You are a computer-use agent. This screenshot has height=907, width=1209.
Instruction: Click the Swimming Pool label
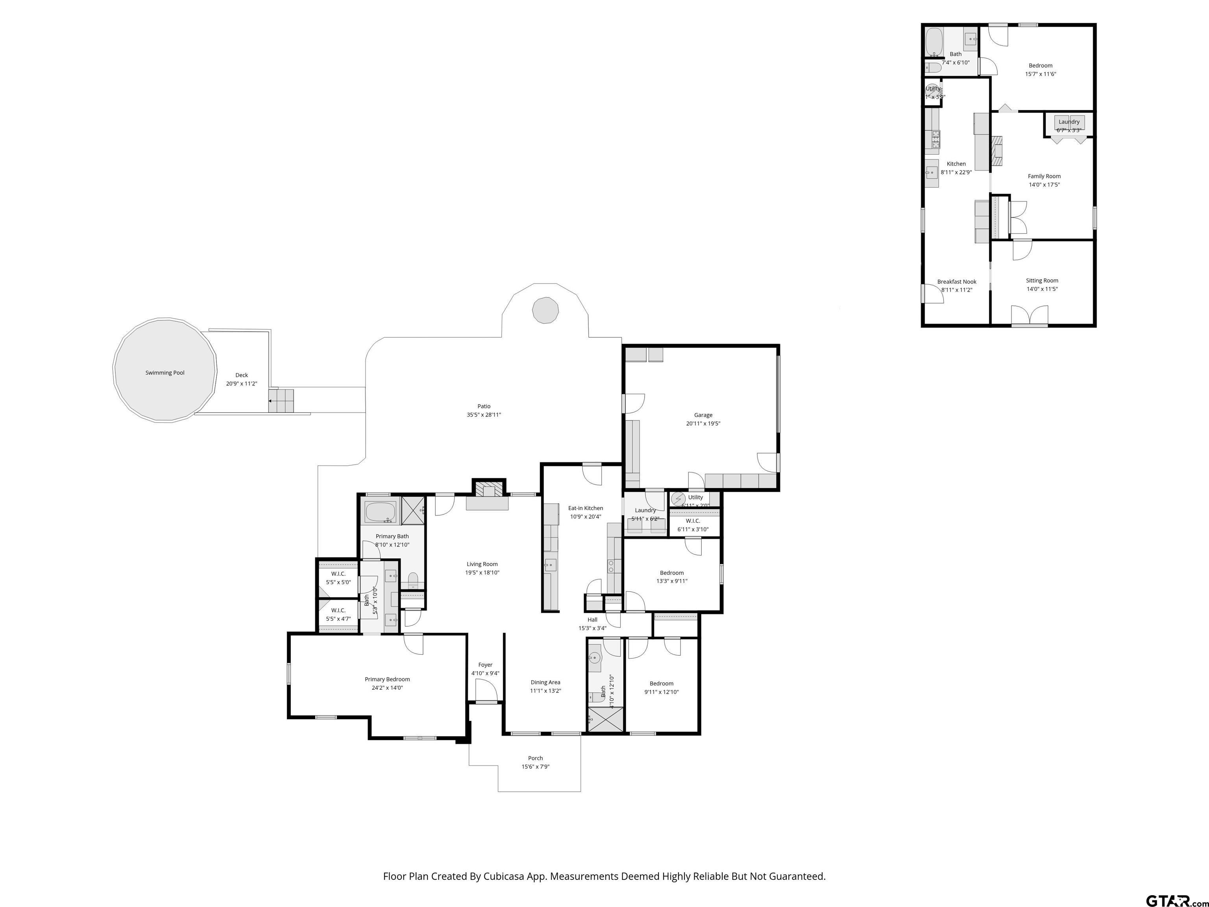[165, 373]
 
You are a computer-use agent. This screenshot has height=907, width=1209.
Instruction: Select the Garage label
[703, 415]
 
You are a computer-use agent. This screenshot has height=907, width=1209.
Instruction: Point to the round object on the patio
[545, 310]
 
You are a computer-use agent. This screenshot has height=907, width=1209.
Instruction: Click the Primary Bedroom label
[387, 679]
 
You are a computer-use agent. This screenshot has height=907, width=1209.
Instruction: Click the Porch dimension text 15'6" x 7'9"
[535, 766]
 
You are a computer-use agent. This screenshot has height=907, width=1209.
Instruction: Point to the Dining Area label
[545, 682]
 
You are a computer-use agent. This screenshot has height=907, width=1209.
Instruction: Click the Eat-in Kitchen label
[585, 508]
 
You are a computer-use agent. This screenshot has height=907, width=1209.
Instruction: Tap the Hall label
[592, 619]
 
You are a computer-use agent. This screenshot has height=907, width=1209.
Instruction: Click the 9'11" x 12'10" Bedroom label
[661, 683]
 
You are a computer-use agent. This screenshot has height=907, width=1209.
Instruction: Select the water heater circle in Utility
[678, 499]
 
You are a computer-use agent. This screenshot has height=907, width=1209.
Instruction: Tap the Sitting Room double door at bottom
[1029, 316]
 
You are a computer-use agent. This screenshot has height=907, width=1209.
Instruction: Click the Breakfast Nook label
[956, 281]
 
